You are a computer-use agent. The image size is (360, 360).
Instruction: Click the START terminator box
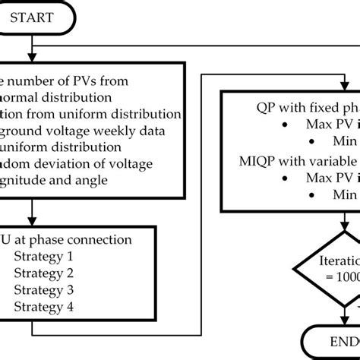[35, 17]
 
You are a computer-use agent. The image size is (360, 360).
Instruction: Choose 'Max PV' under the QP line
[321, 124]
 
